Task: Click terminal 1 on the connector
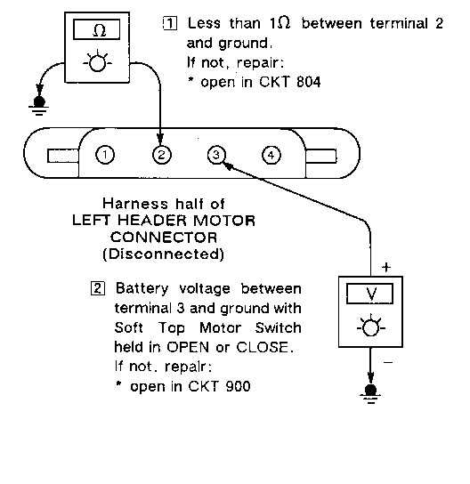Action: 105,155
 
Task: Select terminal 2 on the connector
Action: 161,155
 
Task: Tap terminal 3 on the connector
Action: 216,155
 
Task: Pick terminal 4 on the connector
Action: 271,155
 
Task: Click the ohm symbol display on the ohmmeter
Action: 97,29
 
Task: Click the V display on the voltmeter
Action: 370,294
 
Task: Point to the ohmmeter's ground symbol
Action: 38,106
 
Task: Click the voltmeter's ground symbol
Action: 370,393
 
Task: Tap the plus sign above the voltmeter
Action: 386,267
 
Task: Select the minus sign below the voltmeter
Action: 388,362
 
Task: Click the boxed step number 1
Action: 170,23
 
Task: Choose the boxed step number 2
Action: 98,288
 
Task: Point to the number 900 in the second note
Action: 238,386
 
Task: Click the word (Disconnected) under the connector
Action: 164,254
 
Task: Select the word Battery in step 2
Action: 142,289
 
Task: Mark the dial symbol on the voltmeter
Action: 370,327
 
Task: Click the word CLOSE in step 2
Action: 263,347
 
